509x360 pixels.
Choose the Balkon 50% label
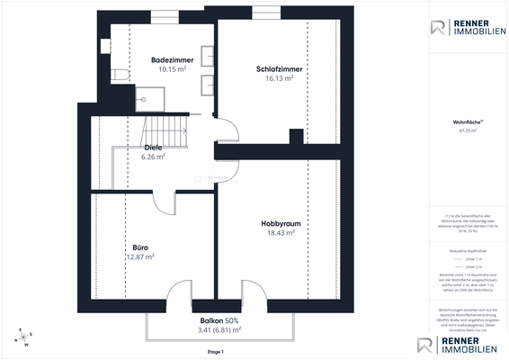pos(219,320)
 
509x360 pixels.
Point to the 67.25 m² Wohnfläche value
pos(469,130)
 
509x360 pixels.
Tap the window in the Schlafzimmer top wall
pos(264,12)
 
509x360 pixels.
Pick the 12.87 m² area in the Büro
pos(139,256)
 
